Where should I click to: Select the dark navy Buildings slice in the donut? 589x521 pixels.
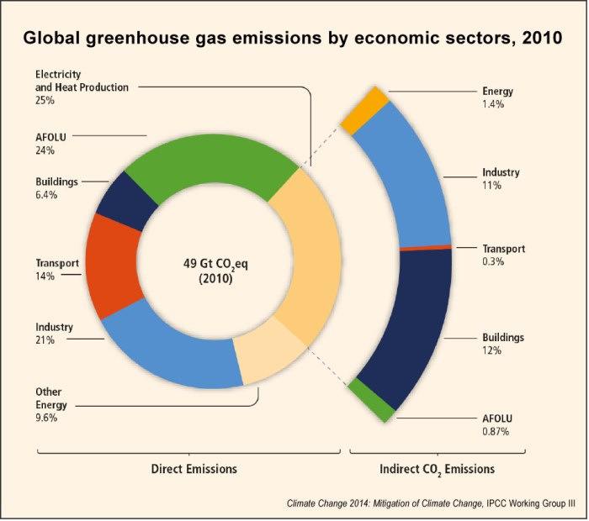pos(126,196)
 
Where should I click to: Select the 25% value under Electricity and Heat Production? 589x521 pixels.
pos(45,100)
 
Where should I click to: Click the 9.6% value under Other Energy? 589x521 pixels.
pos(46,418)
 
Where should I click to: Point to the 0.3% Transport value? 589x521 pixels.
pos(494,262)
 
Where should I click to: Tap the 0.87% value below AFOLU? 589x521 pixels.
pos(495,431)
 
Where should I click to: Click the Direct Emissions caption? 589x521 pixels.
pos(194,468)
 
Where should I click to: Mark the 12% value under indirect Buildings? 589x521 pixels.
pos(492,350)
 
